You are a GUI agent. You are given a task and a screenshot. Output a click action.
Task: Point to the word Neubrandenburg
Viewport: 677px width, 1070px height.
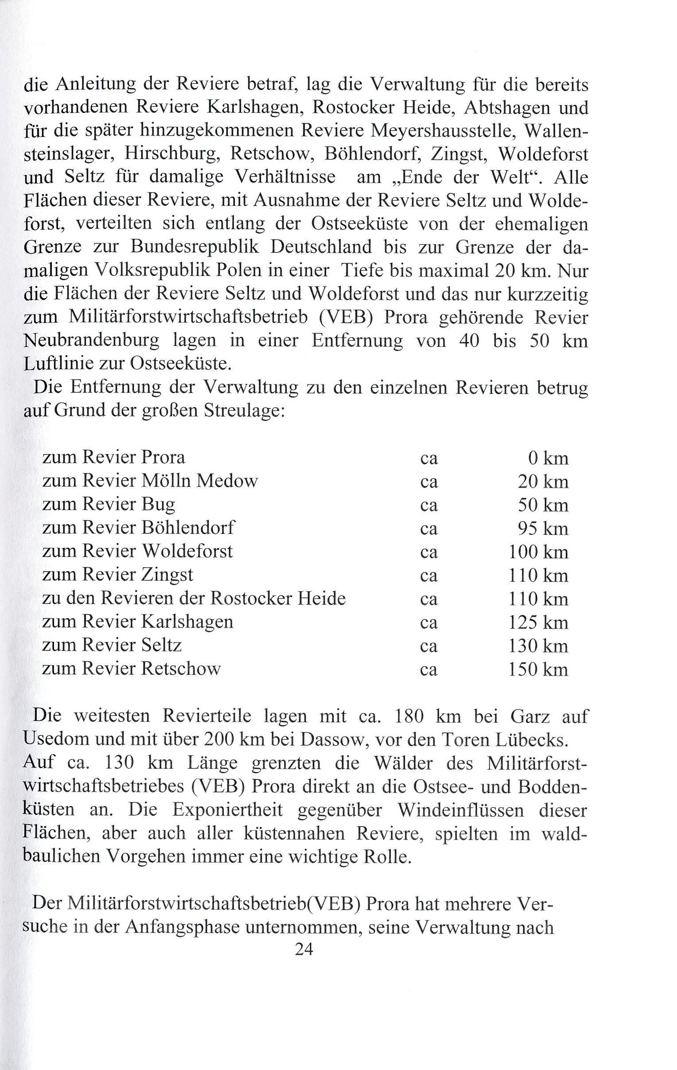[x=92, y=341]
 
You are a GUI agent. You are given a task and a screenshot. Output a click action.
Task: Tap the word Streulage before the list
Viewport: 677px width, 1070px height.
[x=243, y=410]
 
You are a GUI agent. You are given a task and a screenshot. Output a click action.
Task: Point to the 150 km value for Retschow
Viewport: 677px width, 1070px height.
[x=538, y=669]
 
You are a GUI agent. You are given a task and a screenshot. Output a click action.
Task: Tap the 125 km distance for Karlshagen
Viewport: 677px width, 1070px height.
[x=538, y=622]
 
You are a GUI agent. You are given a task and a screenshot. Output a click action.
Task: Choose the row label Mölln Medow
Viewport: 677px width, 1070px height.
[x=199, y=481]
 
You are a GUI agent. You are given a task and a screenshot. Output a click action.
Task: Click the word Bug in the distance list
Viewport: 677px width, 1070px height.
[x=158, y=505]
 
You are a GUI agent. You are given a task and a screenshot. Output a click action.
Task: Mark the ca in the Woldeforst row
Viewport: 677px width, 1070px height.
[x=429, y=553]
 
